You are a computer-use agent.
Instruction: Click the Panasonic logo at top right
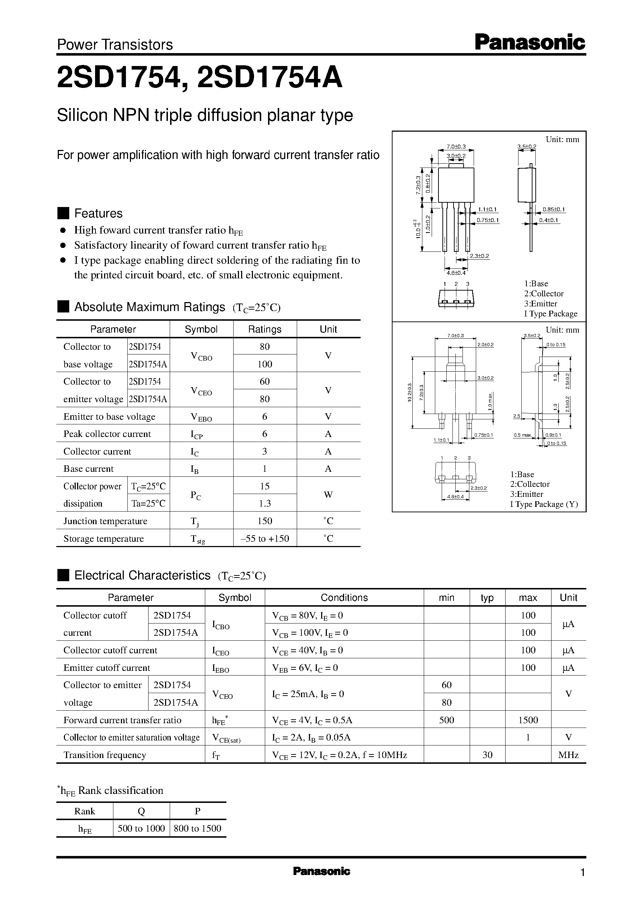coord(529,42)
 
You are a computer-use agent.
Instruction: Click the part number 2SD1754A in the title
coord(269,78)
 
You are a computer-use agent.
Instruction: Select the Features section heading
coord(98,213)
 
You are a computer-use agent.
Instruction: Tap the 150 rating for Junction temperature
coord(264,521)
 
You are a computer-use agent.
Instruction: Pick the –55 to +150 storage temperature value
coord(264,538)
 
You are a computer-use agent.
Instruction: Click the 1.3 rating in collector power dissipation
coord(264,503)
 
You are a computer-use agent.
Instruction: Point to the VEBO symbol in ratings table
coord(201,417)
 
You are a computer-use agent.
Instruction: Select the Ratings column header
coord(264,329)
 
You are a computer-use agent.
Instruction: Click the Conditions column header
coord(344,598)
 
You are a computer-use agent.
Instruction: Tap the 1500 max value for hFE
coord(528,720)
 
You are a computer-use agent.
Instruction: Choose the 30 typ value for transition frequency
coord(487,755)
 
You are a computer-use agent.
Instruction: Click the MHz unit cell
coord(568,755)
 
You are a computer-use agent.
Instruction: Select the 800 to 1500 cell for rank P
coord(197,828)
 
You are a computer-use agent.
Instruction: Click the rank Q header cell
coord(141,811)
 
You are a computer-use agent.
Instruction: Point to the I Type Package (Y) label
coord(544,504)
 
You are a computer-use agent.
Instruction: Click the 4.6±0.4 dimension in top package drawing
coord(456,273)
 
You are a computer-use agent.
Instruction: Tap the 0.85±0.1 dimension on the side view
coord(554,210)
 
